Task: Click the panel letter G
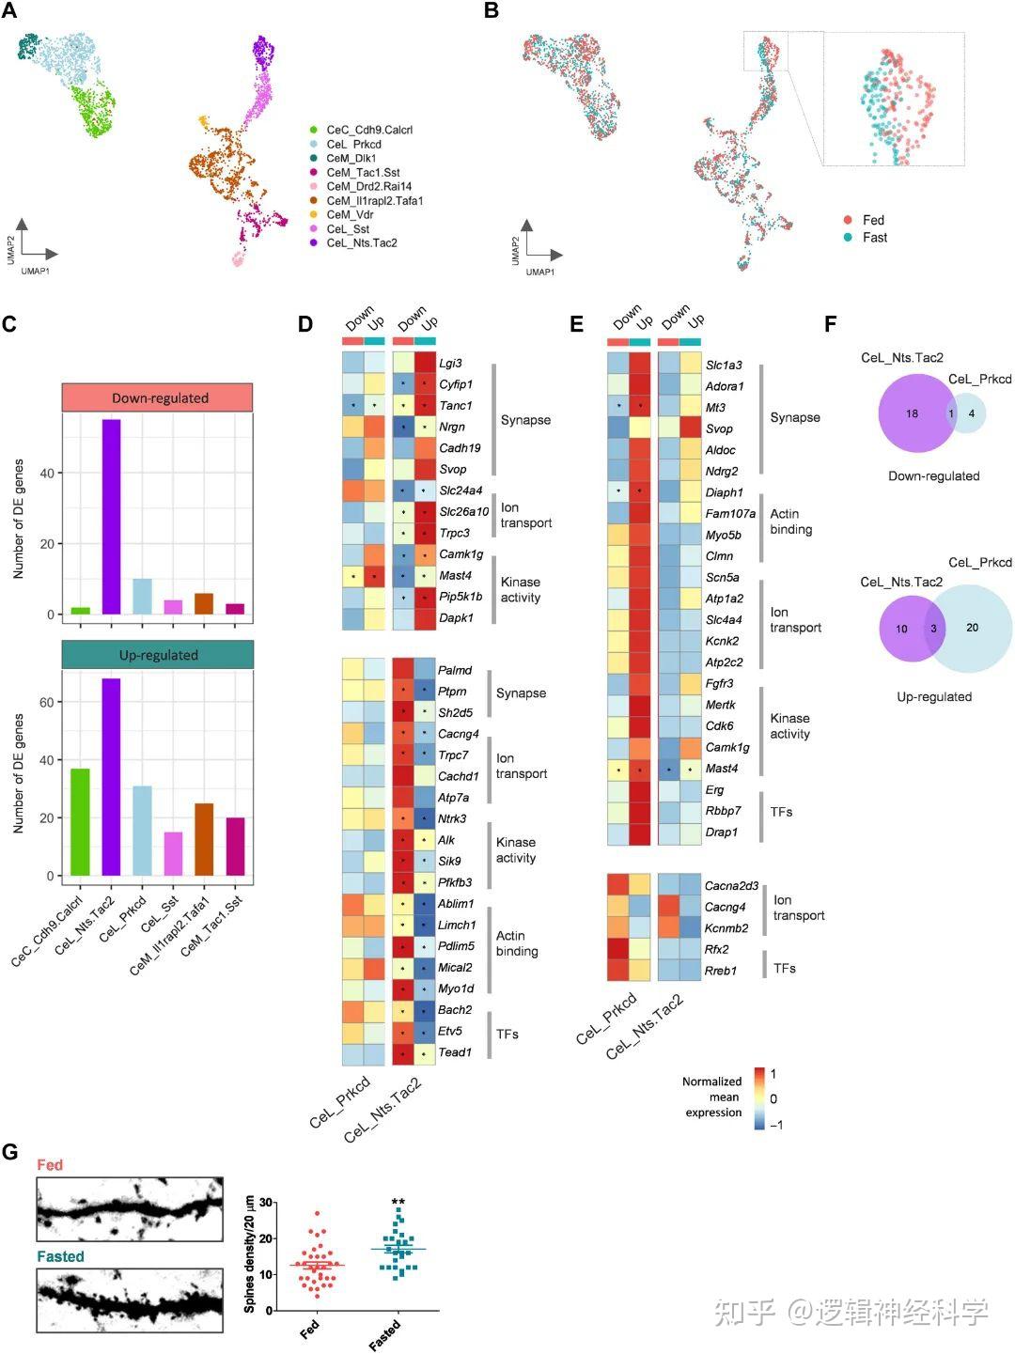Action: tap(10, 1151)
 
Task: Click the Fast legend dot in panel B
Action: tap(848, 238)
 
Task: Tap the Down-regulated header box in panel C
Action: tap(158, 397)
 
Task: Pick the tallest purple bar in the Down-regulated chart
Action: tap(112, 517)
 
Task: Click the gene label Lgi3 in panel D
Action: tap(451, 364)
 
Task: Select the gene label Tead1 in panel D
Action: tap(455, 1052)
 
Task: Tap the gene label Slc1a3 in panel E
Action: tap(724, 365)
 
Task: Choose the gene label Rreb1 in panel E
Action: tap(721, 971)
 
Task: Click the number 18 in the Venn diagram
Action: tap(912, 413)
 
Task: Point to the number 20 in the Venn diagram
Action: tap(972, 628)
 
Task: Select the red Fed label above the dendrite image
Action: tap(50, 1165)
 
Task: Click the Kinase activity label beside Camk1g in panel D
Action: tap(521, 590)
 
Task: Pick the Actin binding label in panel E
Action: tap(790, 521)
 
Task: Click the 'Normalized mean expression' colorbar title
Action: tap(712, 1097)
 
